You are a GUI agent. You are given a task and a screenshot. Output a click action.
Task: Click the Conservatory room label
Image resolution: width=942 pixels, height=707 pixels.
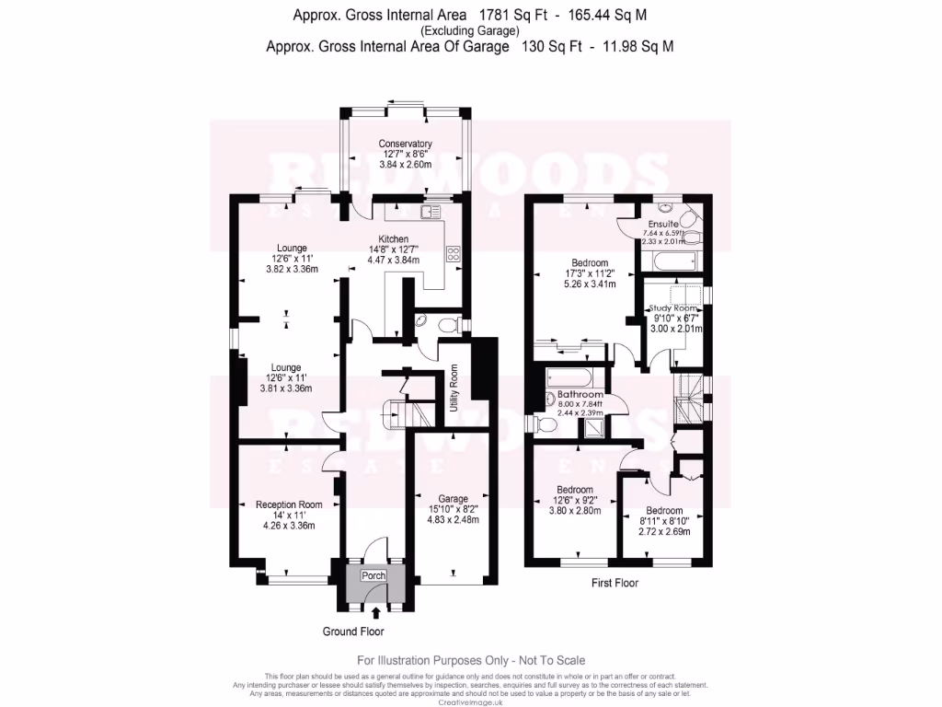click(405, 144)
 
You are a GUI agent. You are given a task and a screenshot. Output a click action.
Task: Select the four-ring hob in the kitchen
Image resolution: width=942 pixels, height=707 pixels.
click(454, 255)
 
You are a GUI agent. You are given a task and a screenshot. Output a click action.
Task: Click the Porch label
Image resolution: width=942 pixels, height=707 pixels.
click(373, 575)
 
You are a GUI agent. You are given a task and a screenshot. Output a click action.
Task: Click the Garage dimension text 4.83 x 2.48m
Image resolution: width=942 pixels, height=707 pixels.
click(454, 519)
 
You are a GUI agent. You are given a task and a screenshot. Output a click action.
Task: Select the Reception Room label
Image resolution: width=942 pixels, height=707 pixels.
click(289, 504)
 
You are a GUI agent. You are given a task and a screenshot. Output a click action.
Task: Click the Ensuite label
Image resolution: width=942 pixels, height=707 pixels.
click(662, 224)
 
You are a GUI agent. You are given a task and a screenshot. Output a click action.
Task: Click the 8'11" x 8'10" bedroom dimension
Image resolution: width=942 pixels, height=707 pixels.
click(663, 521)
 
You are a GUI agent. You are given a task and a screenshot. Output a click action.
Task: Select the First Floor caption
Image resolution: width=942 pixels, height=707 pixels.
click(615, 583)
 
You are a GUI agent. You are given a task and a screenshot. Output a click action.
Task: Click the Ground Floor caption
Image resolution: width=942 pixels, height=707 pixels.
click(352, 632)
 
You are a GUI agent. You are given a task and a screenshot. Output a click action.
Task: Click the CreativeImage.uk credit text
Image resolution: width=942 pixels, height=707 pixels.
click(471, 702)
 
